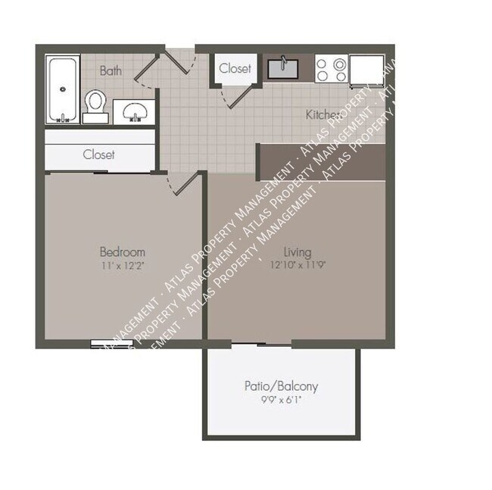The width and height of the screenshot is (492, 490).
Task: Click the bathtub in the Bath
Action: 62,89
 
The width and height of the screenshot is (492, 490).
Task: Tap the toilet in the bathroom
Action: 95,105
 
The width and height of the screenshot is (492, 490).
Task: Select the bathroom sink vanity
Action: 135,110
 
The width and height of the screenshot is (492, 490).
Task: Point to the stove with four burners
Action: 331,70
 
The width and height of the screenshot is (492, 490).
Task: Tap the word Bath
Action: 111,71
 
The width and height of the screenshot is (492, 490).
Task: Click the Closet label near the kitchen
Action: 235,68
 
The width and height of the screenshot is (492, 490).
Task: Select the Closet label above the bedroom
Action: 98,154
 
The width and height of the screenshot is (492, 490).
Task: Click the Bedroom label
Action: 122,251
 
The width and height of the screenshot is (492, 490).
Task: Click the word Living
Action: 297,251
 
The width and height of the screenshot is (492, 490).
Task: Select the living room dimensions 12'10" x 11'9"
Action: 297,264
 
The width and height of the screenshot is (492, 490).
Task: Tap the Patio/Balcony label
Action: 281,386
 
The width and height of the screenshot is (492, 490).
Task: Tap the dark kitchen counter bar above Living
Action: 321,161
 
